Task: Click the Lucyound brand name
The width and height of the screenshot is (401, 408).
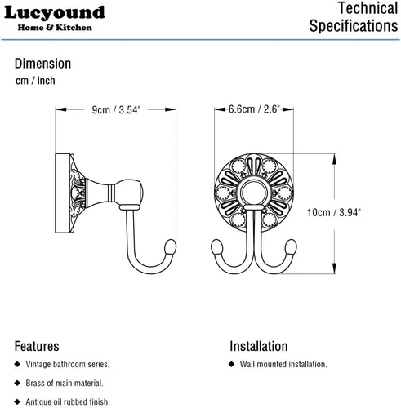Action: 55,13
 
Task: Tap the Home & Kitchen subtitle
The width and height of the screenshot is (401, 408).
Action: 55,28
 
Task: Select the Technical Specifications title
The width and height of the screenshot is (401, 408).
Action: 354,17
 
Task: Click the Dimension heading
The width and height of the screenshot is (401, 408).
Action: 42,64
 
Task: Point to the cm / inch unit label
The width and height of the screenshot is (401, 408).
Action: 35,81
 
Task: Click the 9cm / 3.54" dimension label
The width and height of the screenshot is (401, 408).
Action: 116,110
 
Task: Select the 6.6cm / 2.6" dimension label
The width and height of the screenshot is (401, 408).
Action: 254,109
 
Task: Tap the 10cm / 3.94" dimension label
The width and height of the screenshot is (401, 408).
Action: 334,212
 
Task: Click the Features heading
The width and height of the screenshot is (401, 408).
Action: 37,346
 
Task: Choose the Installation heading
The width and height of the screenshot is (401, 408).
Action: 259,346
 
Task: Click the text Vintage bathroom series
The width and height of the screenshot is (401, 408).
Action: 68,364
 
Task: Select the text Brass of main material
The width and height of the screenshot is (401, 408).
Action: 65,383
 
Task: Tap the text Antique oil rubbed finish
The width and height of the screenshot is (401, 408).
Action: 68,401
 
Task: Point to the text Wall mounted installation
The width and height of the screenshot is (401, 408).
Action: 283,364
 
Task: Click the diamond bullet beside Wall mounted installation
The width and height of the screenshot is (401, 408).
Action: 232,364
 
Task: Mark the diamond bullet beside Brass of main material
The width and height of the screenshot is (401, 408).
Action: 17,383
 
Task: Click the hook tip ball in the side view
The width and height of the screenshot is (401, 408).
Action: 171,246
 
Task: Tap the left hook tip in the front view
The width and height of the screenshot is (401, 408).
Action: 217,246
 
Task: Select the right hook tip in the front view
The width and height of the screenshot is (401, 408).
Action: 291,246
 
